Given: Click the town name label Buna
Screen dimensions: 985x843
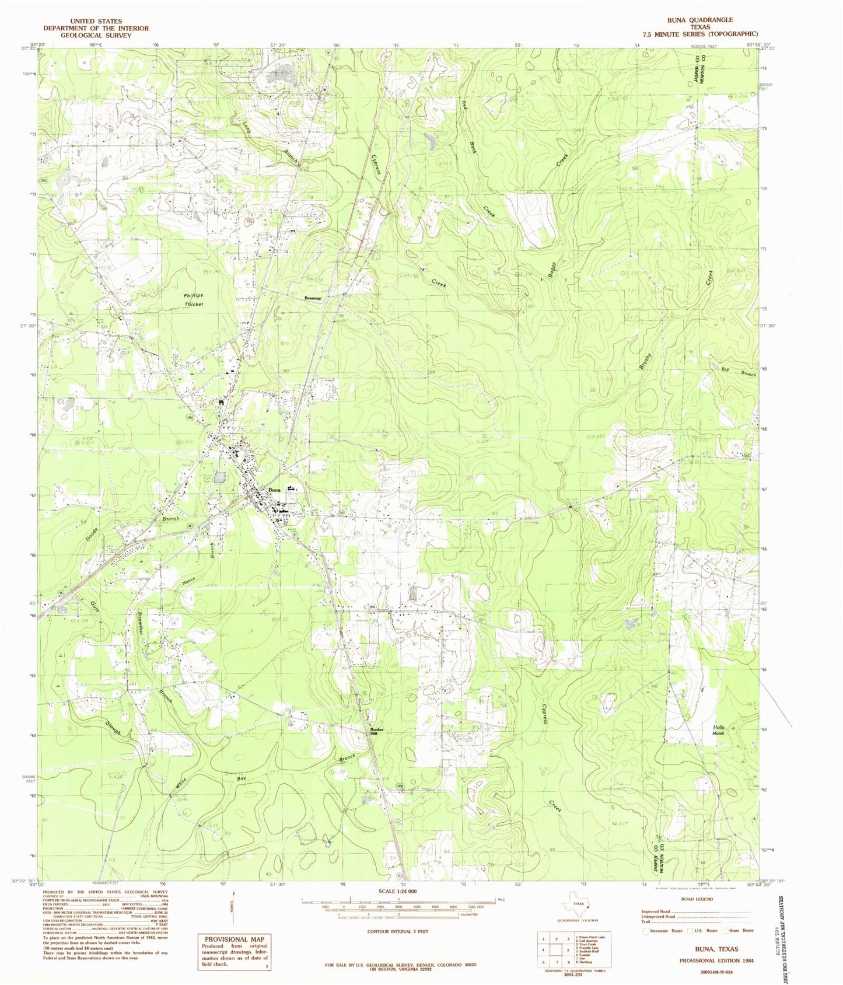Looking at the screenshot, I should point(275,490).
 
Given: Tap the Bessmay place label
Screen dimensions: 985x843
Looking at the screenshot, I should point(313,298).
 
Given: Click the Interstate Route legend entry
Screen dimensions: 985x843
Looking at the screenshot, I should point(664,930).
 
